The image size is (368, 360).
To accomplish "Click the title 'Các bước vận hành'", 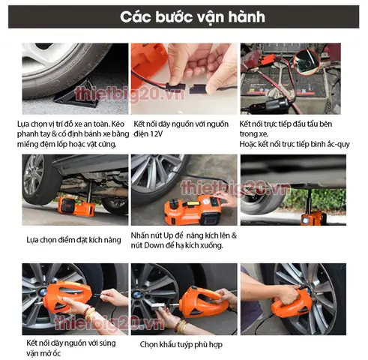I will coord(184,16).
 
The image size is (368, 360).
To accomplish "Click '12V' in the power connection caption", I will coord(157,133).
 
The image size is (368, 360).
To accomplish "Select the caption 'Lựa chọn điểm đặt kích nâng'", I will coord(72,240).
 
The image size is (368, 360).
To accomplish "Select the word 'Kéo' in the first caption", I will coord(116,124).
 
